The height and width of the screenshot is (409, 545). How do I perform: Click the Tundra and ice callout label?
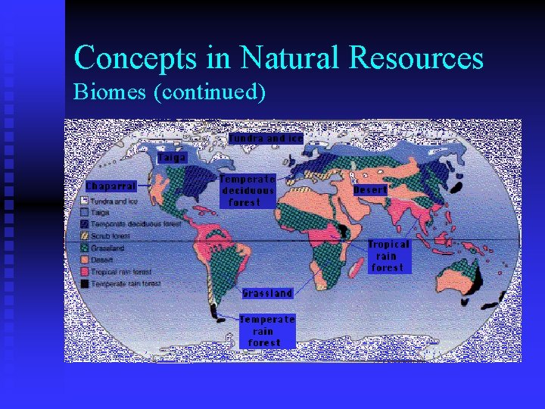click(x=266, y=139)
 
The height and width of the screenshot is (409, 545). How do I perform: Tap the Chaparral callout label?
click(x=111, y=186)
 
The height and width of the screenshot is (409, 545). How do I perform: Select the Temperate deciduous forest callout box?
click(x=247, y=191)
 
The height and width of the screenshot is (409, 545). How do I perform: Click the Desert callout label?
click(x=370, y=190)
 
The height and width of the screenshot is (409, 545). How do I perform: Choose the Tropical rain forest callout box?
click(x=388, y=256)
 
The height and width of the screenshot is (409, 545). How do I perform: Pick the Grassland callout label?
click(x=267, y=293)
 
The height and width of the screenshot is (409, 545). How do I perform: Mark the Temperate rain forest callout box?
click(x=267, y=331)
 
